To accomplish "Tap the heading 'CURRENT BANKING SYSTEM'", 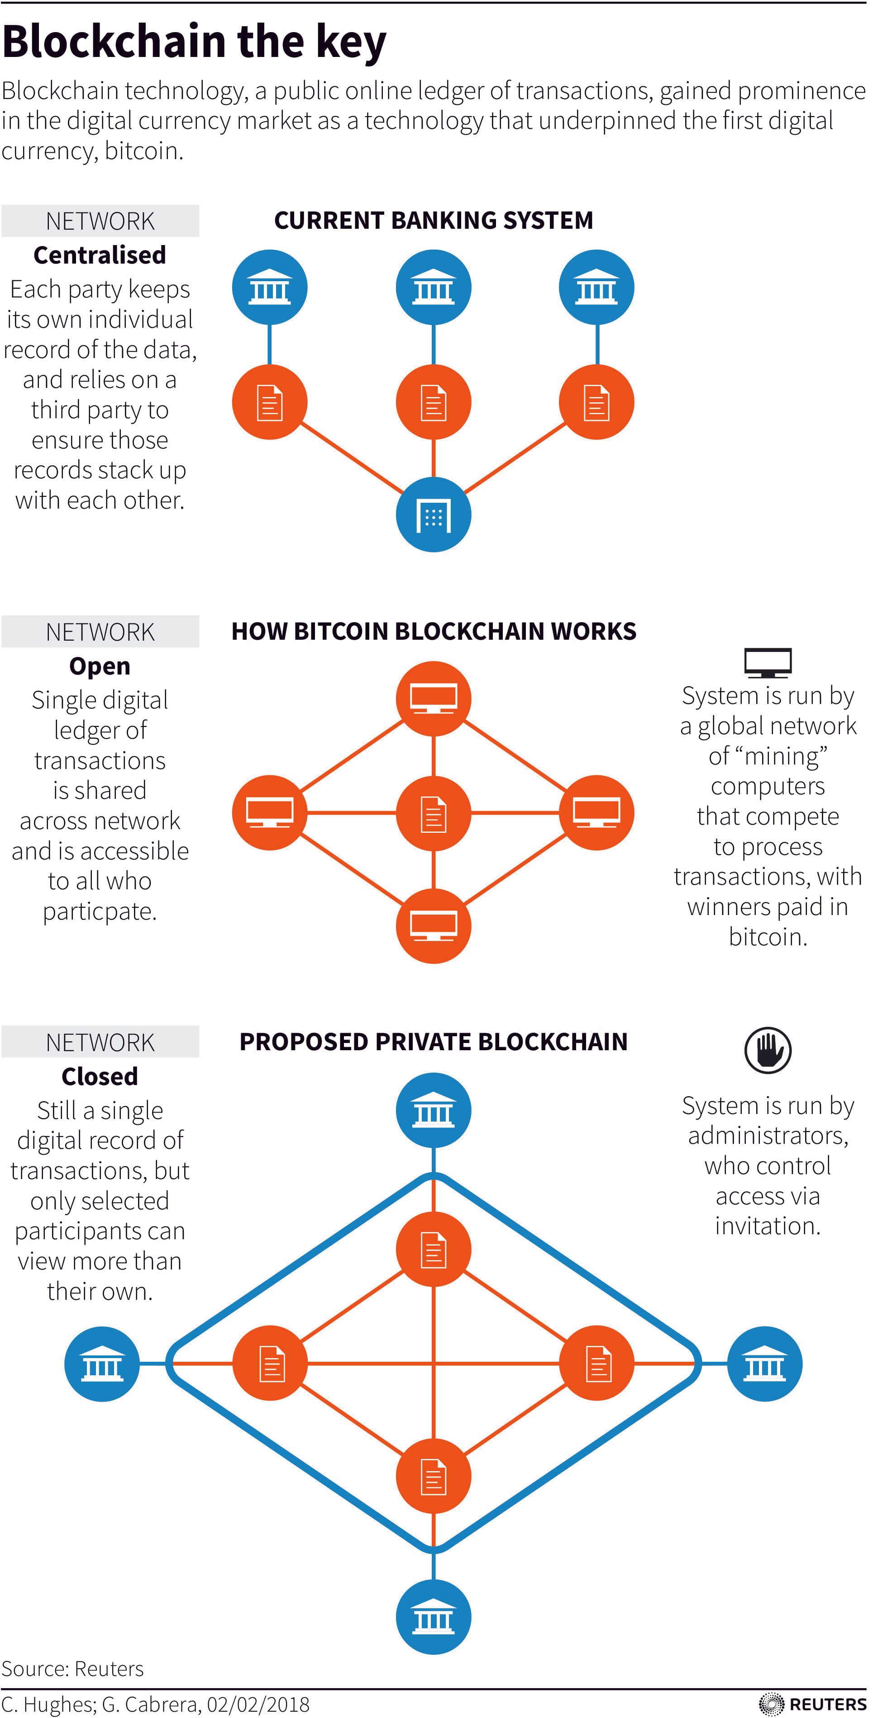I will click(x=433, y=221).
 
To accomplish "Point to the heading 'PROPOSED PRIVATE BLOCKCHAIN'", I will click(x=433, y=1042).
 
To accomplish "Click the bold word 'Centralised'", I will click(x=100, y=255).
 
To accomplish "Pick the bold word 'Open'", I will click(x=100, y=665).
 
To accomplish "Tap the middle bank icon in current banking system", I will click(x=433, y=288).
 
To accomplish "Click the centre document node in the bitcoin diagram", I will click(x=433, y=813).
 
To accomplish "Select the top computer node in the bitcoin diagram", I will click(x=433, y=698).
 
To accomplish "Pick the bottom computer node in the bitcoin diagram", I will click(x=433, y=926).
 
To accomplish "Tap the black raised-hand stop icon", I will click(x=768, y=1050).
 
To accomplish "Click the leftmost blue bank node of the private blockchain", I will click(x=102, y=1363).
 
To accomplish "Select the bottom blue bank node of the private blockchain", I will click(x=433, y=1617).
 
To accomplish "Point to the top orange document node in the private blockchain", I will click(x=433, y=1249).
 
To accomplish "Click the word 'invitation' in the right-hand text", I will click(x=766, y=1226).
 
